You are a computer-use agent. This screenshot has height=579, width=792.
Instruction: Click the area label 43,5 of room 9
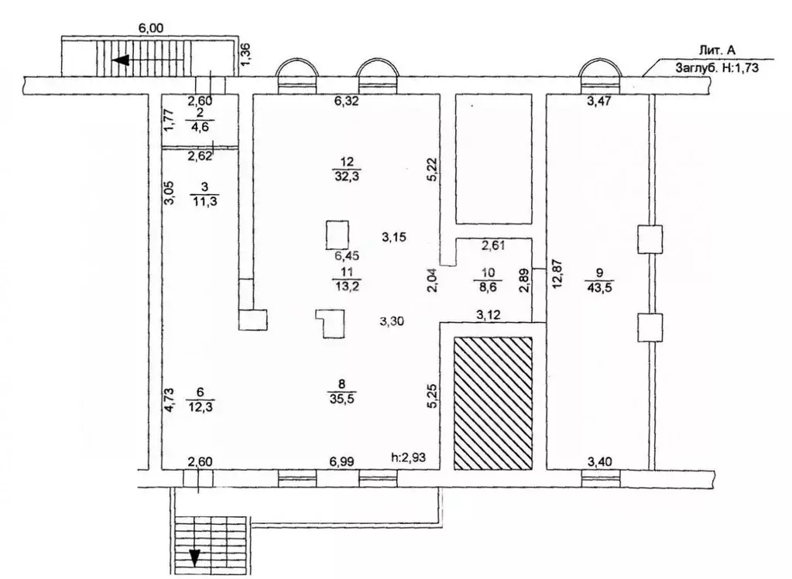pos(599,287)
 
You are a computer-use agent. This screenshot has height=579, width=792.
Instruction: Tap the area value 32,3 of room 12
pos(346,176)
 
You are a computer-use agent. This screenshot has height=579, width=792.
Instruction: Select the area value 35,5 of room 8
pos(342,399)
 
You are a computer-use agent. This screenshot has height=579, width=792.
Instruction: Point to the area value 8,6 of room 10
pos(488,287)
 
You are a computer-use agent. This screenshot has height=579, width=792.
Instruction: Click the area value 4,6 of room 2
pos(200,125)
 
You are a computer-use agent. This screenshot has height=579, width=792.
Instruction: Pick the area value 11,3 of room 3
pos(204,201)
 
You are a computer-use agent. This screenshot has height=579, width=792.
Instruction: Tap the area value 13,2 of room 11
pos(347,287)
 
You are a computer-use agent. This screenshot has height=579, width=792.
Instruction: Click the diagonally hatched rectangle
pos(493,403)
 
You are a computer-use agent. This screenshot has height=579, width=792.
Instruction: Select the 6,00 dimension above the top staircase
pos(150,29)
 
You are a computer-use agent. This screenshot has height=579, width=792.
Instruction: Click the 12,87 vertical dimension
pos(559,273)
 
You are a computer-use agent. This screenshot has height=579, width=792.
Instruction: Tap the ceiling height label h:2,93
pos(409,457)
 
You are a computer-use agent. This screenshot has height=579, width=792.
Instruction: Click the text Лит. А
pos(717,50)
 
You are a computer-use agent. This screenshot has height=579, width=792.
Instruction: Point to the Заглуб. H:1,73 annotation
pos(717,67)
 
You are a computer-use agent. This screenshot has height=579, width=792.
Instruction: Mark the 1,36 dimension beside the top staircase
pos(245,54)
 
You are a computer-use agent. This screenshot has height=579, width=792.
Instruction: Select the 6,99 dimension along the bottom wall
pos(341,461)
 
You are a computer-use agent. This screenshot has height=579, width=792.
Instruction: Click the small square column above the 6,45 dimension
pos(338,235)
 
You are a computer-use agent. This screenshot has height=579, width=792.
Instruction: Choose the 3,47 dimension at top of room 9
pos(599,101)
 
